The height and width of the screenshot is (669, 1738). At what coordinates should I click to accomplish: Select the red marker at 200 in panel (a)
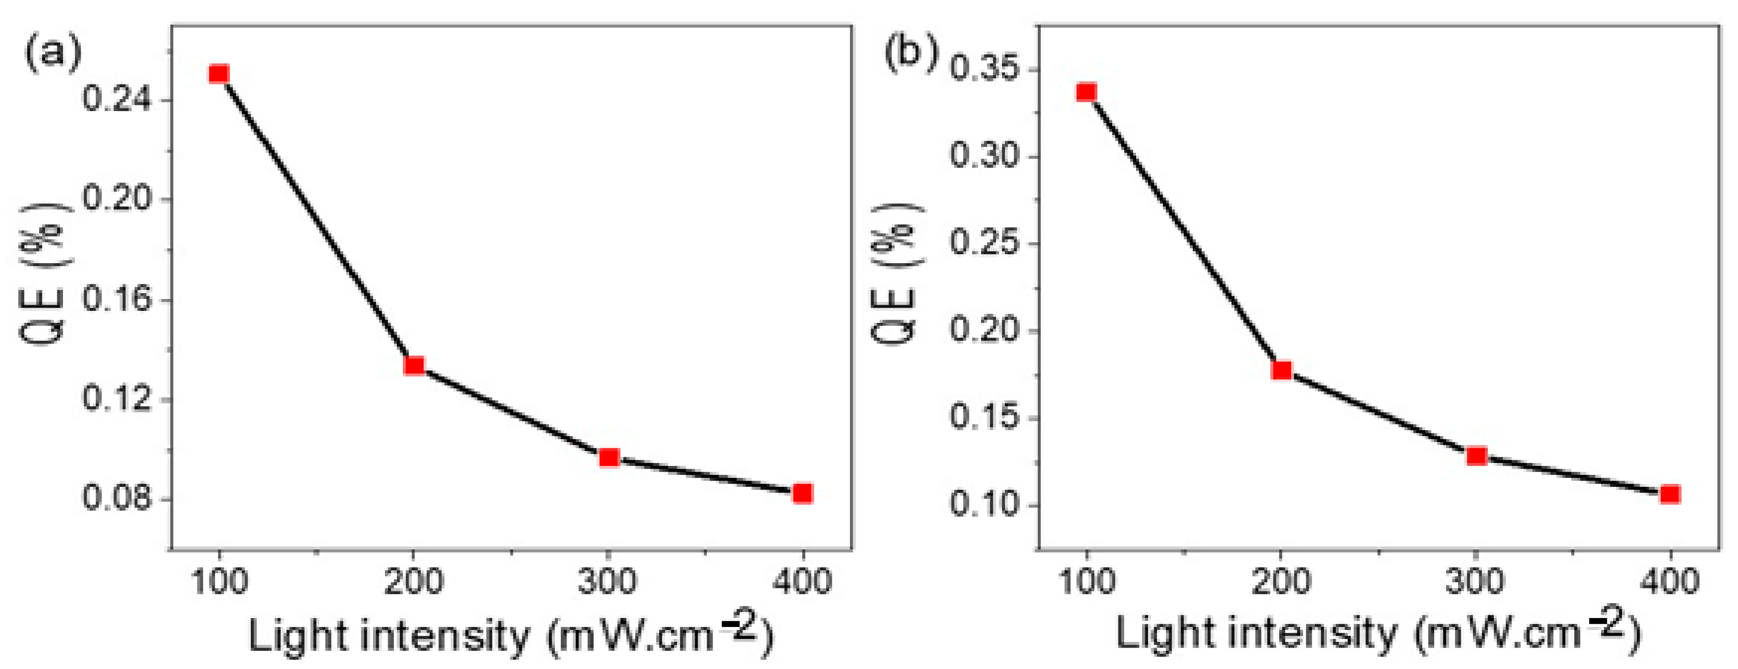coord(414,366)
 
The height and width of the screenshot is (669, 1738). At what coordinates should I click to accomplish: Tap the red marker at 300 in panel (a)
coord(609,458)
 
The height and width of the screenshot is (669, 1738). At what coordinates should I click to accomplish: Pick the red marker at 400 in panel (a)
coord(802,493)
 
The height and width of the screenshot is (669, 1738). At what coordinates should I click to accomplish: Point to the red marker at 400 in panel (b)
coord(1670,494)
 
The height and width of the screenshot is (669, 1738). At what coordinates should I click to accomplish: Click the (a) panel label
coord(52,54)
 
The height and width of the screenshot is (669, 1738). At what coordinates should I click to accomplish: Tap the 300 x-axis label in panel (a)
coord(607,582)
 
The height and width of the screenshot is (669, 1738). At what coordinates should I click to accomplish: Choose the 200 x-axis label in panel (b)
coord(1281,582)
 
